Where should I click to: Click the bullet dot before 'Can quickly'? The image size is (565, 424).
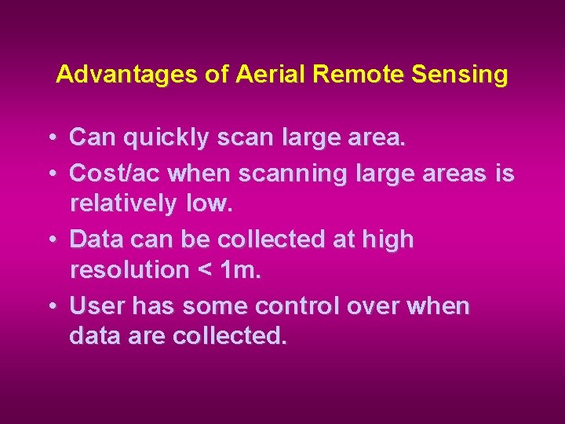click(x=50, y=138)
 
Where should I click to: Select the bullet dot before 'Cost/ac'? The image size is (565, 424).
click(x=50, y=171)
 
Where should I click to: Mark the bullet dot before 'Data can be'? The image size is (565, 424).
click(x=50, y=237)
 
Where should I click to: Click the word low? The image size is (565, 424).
click(x=210, y=204)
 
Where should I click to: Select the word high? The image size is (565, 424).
click(x=387, y=238)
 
